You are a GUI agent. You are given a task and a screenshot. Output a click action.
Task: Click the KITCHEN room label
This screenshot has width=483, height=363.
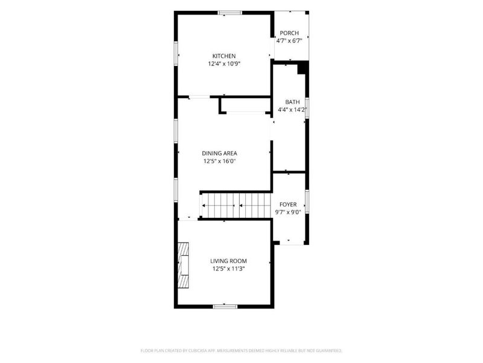pyautogui.click(x=224, y=56)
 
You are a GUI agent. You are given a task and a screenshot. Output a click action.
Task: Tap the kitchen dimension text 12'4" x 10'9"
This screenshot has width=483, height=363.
pyautogui.click(x=224, y=64)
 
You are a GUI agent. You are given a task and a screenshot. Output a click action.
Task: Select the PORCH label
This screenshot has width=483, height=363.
pyautogui.click(x=289, y=33)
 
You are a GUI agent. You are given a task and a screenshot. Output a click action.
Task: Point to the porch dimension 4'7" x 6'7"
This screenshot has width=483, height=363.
pyautogui.click(x=289, y=41)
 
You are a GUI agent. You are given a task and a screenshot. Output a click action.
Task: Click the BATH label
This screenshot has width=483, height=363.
pyautogui.click(x=292, y=102)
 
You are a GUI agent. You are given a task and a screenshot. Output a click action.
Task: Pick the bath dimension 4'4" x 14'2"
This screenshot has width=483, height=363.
pyautogui.click(x=292, y=110)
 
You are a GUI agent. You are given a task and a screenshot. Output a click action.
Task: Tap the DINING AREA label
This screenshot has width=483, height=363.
pyautogui.click(x=219, y=153)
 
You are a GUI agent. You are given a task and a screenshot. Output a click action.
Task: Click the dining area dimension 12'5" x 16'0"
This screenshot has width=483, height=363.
pyautogui.click(x=219, y=161)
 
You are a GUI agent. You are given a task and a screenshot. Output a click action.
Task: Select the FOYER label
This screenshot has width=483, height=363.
pyautogui.click(x=288, y=204)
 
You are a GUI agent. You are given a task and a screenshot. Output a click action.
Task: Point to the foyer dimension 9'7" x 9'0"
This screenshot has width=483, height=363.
pyautogui.click(x=288, y=212)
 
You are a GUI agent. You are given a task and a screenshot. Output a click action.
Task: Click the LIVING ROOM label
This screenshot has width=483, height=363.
pyautogui.click(x=229, y=261)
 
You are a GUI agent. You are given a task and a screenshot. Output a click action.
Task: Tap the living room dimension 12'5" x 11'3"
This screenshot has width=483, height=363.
pyautogui.click(x=229, y=269)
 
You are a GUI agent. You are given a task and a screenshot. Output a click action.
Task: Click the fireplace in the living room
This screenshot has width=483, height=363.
pyautogui.click(x=184, y=265)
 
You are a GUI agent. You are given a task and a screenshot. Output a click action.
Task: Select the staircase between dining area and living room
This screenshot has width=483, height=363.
pyautogui.click(x=236, y=206)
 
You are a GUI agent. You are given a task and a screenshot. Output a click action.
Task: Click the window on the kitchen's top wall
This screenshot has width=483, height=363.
pyautogui.click(x=230, y=13)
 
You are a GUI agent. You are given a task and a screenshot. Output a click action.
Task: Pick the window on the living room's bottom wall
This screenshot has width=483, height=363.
pyautogui.click(x=225, y=307)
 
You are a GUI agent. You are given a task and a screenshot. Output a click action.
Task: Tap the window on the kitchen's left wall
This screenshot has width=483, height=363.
pyautogui.click(x=176, y=54)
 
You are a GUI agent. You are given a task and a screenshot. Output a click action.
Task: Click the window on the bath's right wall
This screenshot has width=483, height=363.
pyautogui.click(x=307, y=108)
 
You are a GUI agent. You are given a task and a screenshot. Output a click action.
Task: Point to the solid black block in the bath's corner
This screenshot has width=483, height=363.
pyautogui.click(x=303, y=68)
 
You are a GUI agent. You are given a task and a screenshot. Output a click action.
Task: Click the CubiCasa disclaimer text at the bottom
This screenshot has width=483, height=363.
pyautogui.click(x=241, y=351)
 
